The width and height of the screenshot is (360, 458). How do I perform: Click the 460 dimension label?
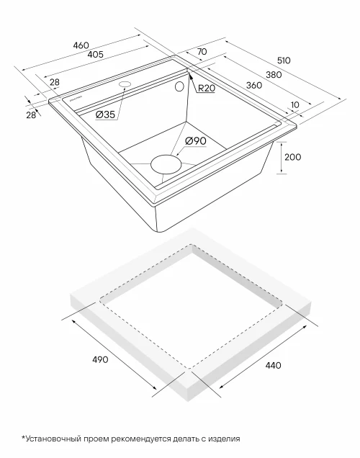pyautogui.click(x=81, y=45)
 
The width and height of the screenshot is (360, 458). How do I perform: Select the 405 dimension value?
pyautogui.click(x=96, y=54)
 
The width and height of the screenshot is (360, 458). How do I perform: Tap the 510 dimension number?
pyautogui.click(x=284, y=60)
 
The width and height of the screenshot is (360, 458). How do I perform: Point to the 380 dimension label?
pyautogui.click(x=274, y=75)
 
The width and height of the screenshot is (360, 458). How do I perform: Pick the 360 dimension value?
pyautogui.click(x=254, y=85)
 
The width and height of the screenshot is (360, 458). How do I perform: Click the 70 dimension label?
pyautogui.click(x=202, y=51)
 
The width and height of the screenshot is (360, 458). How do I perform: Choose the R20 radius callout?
pyautogui.click(x=207, y=88)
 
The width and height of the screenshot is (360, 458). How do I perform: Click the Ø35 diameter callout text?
pyautogui.click(x=105, y=114)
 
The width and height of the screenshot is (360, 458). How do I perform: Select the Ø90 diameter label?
pyautogui.click(x=196, y=141)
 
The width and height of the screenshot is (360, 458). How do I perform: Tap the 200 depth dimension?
pyautogui.click(x=292, y=157)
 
